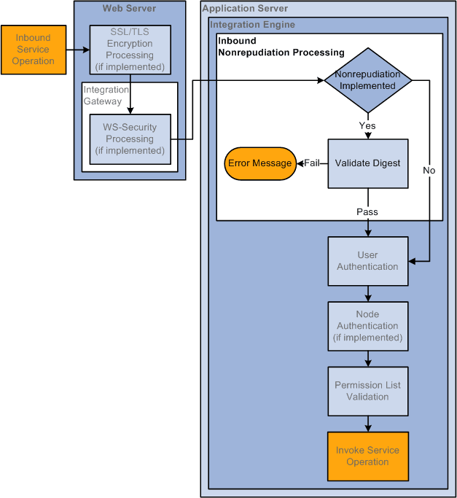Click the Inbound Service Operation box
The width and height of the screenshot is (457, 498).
34,50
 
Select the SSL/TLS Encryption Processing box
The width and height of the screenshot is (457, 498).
130,50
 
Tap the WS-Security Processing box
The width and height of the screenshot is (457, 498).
130,139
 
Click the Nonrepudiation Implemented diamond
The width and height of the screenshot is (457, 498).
367,79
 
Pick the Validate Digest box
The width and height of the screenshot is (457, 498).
367,163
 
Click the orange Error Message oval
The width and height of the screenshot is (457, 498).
259,163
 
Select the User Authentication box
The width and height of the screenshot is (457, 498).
367,261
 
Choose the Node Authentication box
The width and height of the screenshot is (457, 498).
367,326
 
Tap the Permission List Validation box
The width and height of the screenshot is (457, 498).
367,391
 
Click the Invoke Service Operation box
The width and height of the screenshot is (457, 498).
367,456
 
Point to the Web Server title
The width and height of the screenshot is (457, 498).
129,9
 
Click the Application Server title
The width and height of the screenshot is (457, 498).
245,9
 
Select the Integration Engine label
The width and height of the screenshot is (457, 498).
252,25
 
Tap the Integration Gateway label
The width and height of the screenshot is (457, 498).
103,96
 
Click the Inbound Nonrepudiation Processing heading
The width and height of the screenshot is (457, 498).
281,47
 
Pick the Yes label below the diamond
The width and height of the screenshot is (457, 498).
367,125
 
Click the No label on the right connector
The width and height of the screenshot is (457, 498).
429,170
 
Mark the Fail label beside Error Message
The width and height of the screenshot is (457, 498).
312,163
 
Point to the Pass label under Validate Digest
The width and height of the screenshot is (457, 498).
367,212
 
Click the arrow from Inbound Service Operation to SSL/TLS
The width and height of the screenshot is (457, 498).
77,50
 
